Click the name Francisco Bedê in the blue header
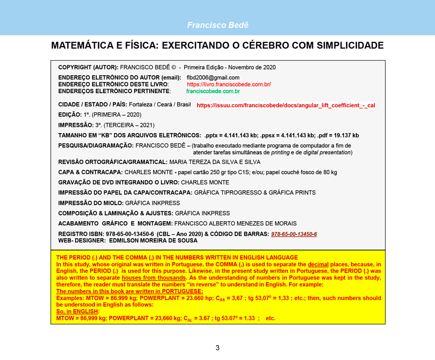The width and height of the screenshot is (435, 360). click(x=218, y=25)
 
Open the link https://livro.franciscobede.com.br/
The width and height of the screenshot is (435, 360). click(x=228, y=84)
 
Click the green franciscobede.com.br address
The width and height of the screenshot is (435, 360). click(x=213, y=91)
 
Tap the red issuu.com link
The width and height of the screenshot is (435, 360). click(x=286, y=105)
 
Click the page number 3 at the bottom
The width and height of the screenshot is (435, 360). click(x=218, y=348)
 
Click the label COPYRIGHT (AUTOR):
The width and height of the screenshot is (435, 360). click(x=88, y=67)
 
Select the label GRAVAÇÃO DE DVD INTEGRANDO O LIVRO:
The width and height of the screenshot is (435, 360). click(x=119, y=183)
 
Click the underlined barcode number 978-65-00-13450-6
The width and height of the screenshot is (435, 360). click(x=294, y=234)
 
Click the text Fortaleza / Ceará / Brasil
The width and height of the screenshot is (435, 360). click(x=160, y=104)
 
